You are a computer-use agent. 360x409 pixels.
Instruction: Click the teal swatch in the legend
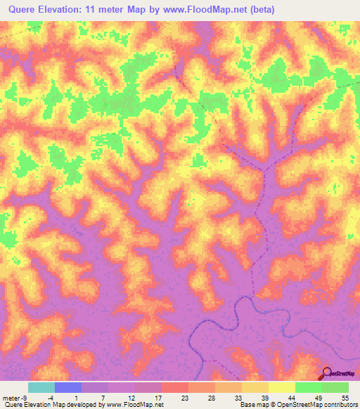pos(41,387)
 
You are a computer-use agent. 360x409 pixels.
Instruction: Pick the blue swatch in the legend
pos(68,387)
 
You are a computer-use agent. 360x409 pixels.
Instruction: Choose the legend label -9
pos(24,397)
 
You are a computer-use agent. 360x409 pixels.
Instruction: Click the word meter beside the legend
pos(11,397)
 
